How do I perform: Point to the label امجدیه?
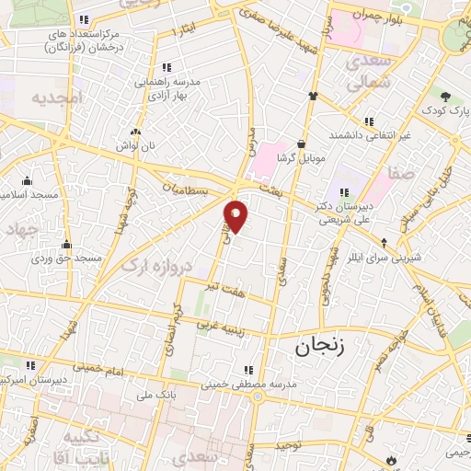(x=57, y=97)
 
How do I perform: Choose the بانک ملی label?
(x=129, y=396)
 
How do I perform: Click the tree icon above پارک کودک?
(x=444, y=96)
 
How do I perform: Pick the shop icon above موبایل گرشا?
(x=301, y=144)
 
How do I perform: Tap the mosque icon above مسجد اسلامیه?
(x=26, y=180)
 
